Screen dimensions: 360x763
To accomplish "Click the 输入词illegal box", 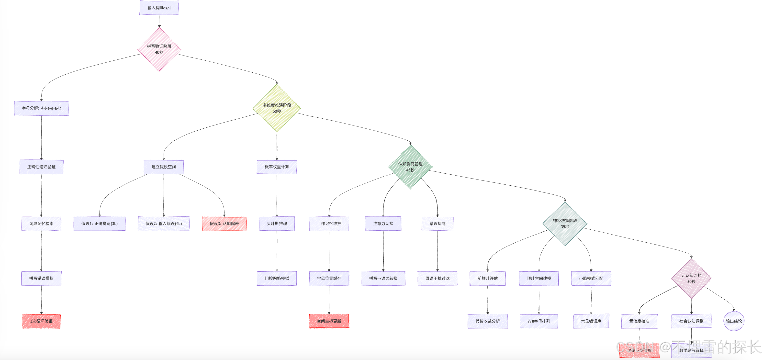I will (159, 8).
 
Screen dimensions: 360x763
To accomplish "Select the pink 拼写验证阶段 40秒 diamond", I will (159, 49).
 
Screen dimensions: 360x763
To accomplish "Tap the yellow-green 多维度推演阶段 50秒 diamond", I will (277, 108).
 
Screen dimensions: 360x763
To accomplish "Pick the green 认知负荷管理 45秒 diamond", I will (410, 167).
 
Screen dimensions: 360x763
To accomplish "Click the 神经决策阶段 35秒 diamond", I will (565, 224).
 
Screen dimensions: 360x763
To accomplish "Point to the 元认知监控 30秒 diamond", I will (691, 279).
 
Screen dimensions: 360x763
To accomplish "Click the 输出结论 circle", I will (734, 321).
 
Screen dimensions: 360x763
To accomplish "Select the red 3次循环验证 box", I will (42, 321).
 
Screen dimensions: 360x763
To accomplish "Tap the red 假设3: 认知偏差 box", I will (224, 223).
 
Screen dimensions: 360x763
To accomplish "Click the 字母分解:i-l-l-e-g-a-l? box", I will (42, 108).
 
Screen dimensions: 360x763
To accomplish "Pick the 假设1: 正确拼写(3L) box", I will (100, 223).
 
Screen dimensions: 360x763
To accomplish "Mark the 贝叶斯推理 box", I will (277, 223).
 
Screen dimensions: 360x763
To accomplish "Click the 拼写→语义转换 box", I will (383, 278).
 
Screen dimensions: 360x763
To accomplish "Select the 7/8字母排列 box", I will (539, 321).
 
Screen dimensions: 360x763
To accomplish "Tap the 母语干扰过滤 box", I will (437, 278).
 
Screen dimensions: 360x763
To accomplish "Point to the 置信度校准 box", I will (639, 321).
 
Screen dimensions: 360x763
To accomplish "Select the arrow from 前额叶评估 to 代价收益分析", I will (488, 299).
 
